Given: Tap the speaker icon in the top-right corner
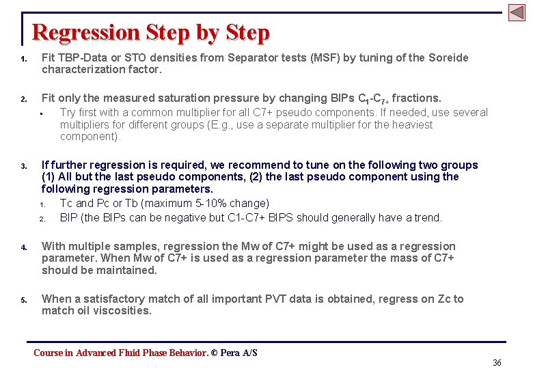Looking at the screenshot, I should click(517, 12).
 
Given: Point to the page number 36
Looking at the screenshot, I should click(497, 362).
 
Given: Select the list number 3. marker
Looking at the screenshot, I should click(23, 166).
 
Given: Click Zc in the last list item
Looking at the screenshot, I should click(445, 299).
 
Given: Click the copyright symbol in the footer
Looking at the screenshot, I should click(214, 353).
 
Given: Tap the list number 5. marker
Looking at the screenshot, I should click(23, 300).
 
